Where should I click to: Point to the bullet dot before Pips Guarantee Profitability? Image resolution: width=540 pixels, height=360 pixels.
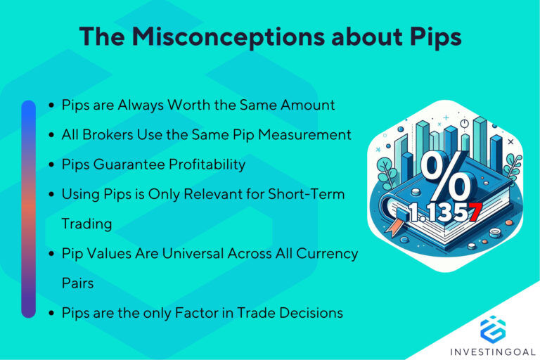(51, 165)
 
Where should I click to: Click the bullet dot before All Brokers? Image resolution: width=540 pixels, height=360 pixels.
(51, 135)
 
